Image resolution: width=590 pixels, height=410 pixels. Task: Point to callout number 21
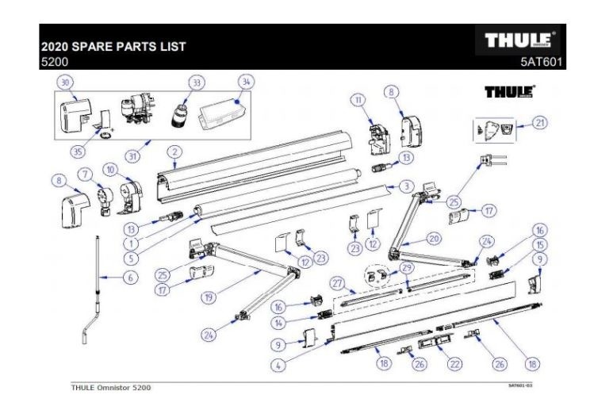point(540,123)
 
